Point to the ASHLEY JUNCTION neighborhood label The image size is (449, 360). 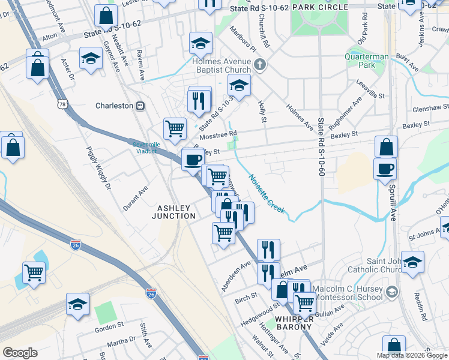176,212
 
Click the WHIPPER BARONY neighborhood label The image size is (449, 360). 294,323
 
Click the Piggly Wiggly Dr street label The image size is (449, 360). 99,169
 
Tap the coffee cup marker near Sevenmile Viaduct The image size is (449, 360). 193,159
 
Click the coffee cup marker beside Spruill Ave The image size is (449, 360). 385,169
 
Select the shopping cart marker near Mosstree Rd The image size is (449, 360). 175,128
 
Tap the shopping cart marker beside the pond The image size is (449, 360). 34,273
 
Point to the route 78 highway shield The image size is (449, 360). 62,104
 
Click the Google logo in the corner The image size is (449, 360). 20,353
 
